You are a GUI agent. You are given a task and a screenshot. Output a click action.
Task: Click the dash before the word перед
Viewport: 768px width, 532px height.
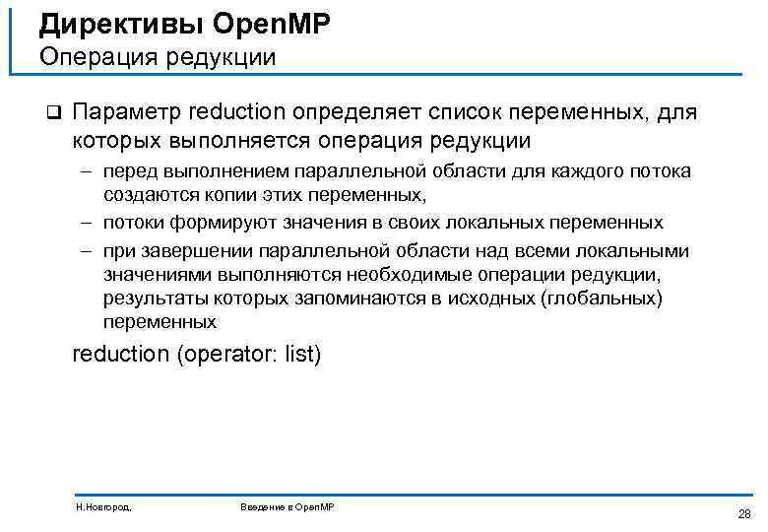[87, 172]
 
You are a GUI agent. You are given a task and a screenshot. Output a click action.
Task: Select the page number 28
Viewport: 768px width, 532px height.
[743, 513]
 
